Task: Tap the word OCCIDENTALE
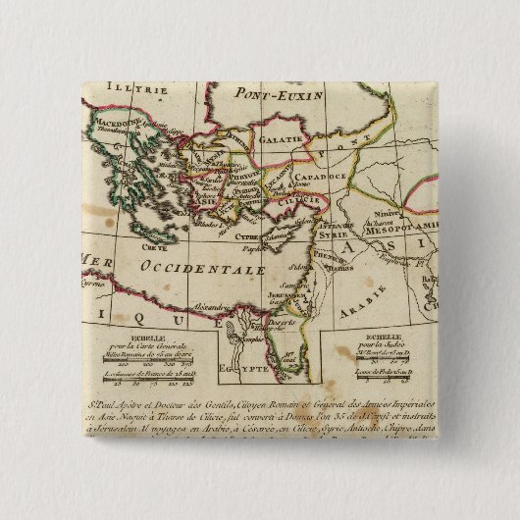[198, 267]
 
